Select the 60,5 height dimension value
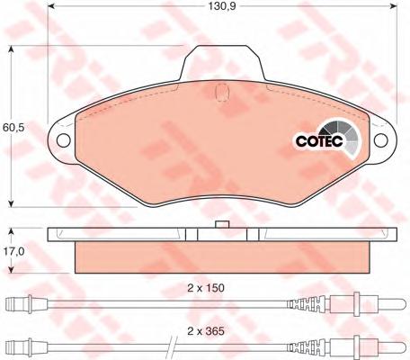[13, 127]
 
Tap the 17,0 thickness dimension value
[13, 251]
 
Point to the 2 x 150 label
[206, 288]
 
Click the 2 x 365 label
[206, 331]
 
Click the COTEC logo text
[319, 141]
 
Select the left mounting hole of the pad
[64, 140]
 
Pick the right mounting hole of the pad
[381, 140]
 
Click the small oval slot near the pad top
[222, 91]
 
